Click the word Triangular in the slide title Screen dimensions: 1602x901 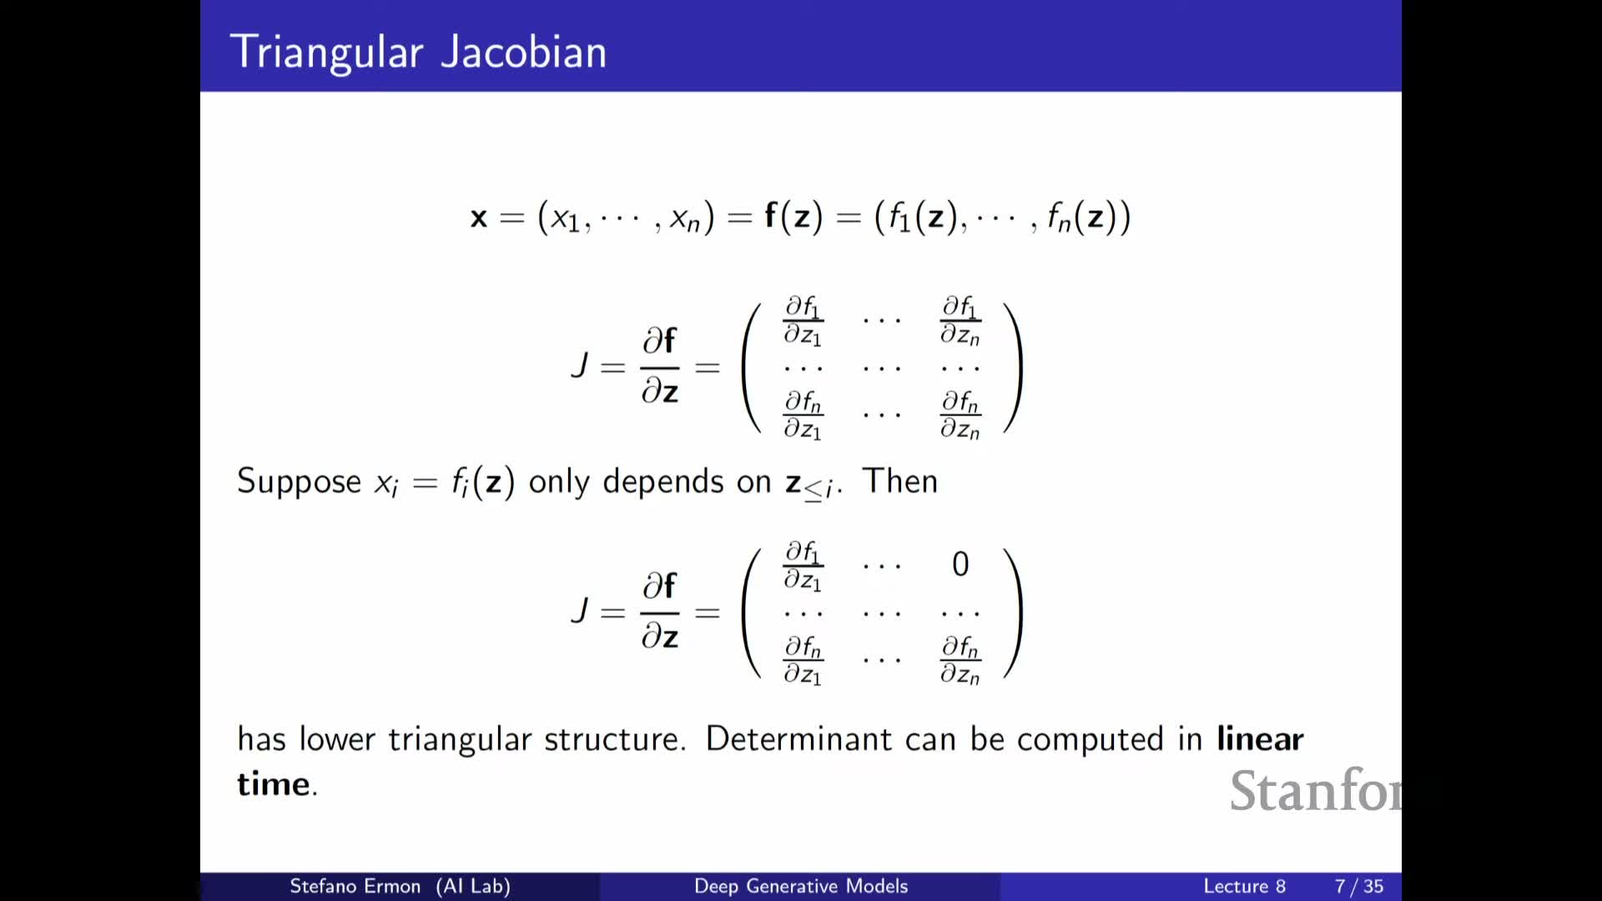(327, 53)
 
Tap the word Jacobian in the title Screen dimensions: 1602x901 (523, 52)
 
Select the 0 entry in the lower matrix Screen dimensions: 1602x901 (960, 564)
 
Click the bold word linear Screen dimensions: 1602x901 (1260, 738)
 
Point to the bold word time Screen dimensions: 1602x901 (275, 783)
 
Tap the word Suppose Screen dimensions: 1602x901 (299, 482)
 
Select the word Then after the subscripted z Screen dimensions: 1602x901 (899, 481)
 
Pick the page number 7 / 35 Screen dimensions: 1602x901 (1359, 886)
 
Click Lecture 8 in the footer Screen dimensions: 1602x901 (1244, 886)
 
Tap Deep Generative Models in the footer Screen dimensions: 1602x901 (801, 886)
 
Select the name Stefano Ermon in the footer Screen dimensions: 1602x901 (355, 886)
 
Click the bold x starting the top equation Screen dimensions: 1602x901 (478, 218)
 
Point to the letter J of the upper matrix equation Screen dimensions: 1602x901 (580, 365)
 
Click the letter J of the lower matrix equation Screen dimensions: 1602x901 (580, 610)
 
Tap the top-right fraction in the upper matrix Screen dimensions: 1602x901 (960, 320)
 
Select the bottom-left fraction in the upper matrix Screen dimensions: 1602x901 (803, 415)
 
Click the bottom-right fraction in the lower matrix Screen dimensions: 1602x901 (960, 660)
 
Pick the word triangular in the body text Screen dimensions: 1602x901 (460, 740)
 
